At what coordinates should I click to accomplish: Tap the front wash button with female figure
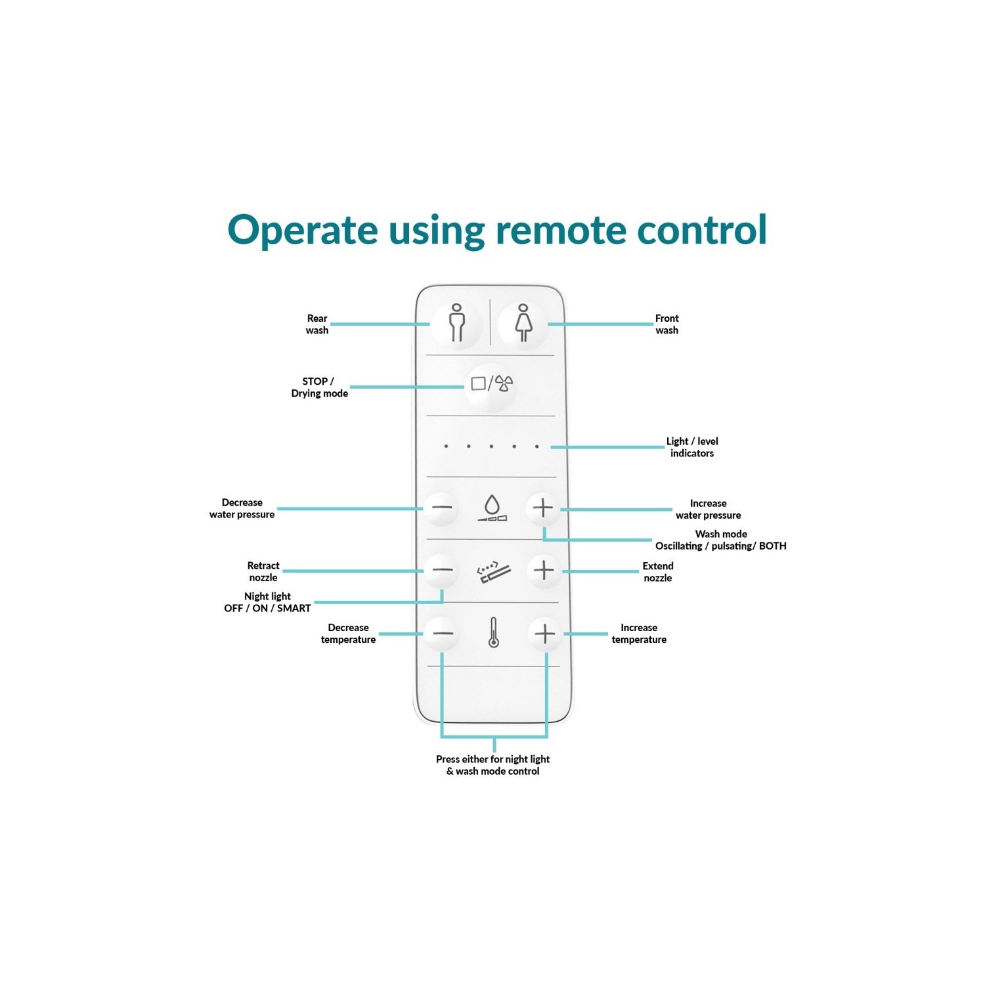(523, 322)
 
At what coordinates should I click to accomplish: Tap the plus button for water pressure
(543, 508)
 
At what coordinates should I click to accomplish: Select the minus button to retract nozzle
(442, 570)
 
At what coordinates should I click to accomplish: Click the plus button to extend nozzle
(544, 570)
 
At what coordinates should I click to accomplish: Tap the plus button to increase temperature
(545, 634)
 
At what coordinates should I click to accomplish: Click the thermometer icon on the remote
(493, 633)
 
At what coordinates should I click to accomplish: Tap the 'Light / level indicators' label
(692, 447)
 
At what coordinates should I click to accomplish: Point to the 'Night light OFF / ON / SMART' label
(268, 602)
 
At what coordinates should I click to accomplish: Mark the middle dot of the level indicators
(491, 447)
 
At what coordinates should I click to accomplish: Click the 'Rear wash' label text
(317, 324)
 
